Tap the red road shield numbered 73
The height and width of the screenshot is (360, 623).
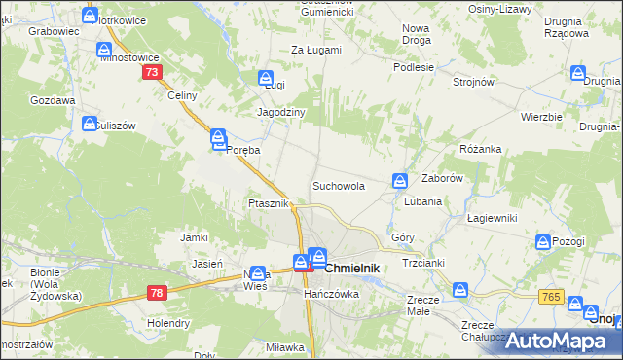[x=151, y=73]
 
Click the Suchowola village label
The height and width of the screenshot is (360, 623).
[x=338, y=186]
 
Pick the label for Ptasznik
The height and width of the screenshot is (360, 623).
[x=267, y=203]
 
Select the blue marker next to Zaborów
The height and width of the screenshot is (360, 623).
[x=400, y=180]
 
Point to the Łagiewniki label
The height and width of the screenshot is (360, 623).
[x=491, y=218]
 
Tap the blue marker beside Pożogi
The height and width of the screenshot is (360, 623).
[x=543, y=241]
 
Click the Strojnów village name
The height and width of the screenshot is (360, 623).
[x=473, y=83]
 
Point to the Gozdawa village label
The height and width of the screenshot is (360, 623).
[x=53, y=100]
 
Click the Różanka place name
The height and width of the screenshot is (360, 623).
[x=480, y=149]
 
